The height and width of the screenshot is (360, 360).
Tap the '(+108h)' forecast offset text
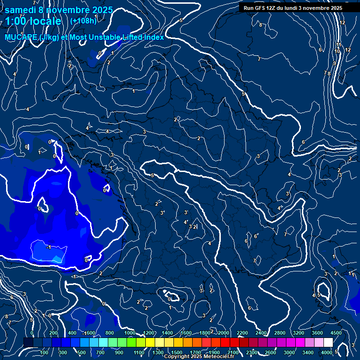click(x=83, y=21)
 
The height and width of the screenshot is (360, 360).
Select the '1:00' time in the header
click(x=15, y=22)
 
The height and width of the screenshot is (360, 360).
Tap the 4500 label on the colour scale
click(x=336, y=333)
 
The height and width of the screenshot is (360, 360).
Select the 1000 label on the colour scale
click(x=130, y=333)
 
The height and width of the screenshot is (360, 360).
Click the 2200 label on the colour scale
click(x=242, y=333)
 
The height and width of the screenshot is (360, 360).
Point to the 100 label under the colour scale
click(x=45, y=352)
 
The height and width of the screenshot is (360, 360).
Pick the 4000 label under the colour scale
click(x=327, y=352)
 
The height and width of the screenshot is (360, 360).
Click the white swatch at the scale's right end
click(x=328, y=342)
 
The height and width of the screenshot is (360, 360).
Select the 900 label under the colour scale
click(x=120, y=352)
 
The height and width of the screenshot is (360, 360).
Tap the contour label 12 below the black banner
click(x=343, y=22)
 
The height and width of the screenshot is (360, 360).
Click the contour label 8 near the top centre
click(x=261, y=25)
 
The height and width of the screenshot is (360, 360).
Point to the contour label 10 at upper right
click(x=337, y=51)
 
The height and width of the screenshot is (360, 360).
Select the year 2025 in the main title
click(x=102, y=10)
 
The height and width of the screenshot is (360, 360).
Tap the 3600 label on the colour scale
click(x=317, y=333)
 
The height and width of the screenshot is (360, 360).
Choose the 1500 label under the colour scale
click(x=176, y=352)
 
